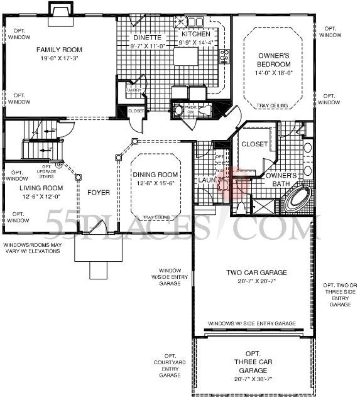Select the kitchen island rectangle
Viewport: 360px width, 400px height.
coord(187,57)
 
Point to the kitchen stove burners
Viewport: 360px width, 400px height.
coord(224,57)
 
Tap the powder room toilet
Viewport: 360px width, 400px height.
coord(178,111)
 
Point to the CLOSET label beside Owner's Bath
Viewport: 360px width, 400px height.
coord(254,144)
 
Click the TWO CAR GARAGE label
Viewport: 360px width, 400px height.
coord(256,273)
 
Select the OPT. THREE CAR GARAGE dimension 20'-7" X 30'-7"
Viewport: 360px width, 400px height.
coord(253,379)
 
